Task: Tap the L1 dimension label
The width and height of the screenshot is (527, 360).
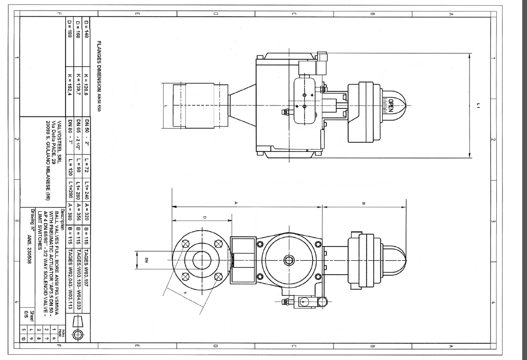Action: tap(479, 105)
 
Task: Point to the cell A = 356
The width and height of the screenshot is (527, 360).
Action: tap(78, 211)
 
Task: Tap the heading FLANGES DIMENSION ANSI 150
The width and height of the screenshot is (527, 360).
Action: tap(99, 76)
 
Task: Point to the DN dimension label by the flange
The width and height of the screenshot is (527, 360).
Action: tap(147, 260)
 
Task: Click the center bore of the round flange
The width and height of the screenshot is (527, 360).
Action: tap(202, 260)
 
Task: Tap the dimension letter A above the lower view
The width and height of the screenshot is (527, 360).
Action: tap(236, 203)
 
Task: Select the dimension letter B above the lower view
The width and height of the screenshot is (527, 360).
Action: tap(364, 203)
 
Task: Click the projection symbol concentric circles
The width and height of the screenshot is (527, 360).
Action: tap(78, 335)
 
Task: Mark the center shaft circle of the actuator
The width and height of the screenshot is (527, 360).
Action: tap(289, 260)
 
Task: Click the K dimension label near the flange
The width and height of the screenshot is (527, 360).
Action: tap(185, 293)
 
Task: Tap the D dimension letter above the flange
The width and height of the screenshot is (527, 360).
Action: tap(204, 218)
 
